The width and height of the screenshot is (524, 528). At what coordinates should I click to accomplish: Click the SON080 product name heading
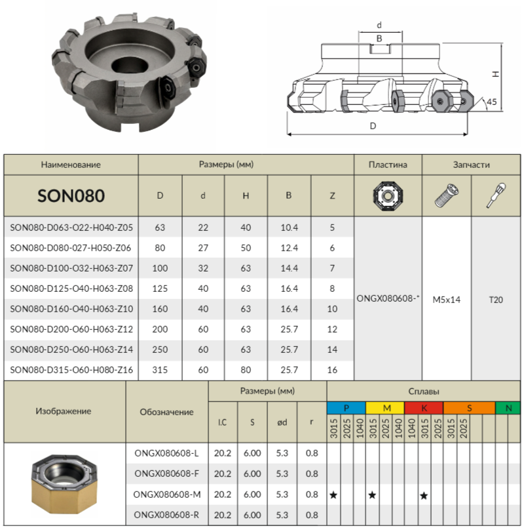click(71, 195)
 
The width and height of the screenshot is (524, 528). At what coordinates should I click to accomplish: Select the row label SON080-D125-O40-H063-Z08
click(71, 289)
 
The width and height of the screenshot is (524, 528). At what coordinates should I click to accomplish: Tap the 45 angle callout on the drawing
click(491, 102)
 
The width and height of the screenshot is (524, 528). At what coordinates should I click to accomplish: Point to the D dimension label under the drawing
click(373, 126)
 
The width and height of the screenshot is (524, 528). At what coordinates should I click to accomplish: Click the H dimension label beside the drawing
click(495, 73)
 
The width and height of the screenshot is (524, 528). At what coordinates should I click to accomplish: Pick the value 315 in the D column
click(160, 370)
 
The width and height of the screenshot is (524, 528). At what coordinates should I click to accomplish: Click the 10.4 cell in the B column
click(290, 228)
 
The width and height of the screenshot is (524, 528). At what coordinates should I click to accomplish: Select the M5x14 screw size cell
click(446, 300)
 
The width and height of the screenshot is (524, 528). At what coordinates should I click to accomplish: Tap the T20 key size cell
click(496, 300)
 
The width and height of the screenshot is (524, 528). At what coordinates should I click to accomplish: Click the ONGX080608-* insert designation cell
click(388, 298)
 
